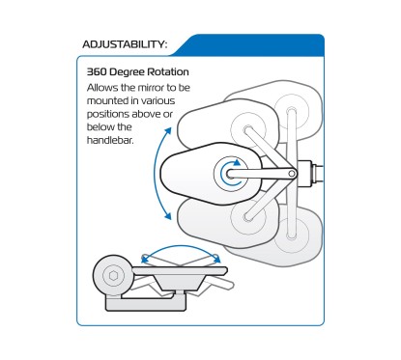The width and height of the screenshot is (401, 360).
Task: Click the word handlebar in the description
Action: pyautogui.click(x=110, y=140)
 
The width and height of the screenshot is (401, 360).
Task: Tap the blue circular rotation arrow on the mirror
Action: pyautogui.click(x=231, y=173)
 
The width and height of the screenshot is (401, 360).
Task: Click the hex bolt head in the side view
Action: pyautogui.click(x=113, y=275)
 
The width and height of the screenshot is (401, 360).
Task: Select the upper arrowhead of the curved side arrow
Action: pyautogui.click(x=168, y=131)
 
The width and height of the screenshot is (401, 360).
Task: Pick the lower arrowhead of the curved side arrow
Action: pyautogui.click(x=167, y=215)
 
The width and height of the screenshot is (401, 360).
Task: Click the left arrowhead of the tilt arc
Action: pyautogui.click(x=145, y=258)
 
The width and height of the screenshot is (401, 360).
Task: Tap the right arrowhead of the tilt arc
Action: pyautogui.click(x=216, y=258)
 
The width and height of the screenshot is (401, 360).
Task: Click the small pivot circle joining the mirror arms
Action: pyautogui.click(x=292, y=174)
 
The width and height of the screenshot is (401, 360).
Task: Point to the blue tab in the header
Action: pyautogui.click(x=248, y=45)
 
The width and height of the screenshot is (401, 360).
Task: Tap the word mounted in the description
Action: pyautogui.click(x=108, y=100)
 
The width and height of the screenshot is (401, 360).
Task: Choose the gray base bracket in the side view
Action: pyautogui.click(x=146, y=303)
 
